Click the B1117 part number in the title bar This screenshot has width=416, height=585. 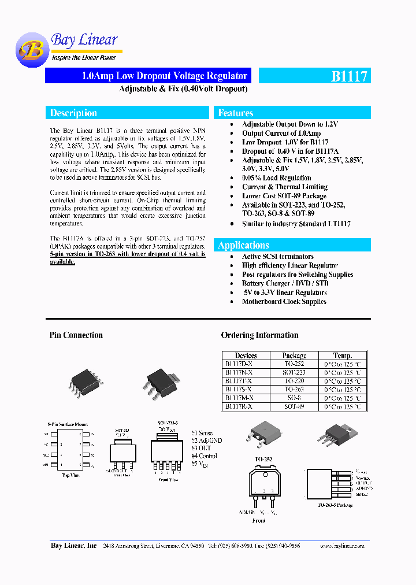(349, 76)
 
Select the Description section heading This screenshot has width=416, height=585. (73, 113)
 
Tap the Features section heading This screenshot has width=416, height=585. (236, 113)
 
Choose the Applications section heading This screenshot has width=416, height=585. (243, 245)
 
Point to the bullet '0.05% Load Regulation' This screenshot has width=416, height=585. (276, 178)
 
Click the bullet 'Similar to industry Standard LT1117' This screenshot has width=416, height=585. (296, 224)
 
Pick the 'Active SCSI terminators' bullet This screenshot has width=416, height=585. (277, 257)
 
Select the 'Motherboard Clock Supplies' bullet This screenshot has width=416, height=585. (284, 302)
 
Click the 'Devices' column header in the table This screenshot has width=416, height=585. (246, 356)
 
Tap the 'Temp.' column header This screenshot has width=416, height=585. (342, 356)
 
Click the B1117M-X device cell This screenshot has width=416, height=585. (239, 398)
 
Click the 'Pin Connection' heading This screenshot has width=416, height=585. (76, 335)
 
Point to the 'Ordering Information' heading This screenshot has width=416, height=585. (259, 335)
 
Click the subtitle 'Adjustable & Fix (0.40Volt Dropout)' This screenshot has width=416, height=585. (183, 89)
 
